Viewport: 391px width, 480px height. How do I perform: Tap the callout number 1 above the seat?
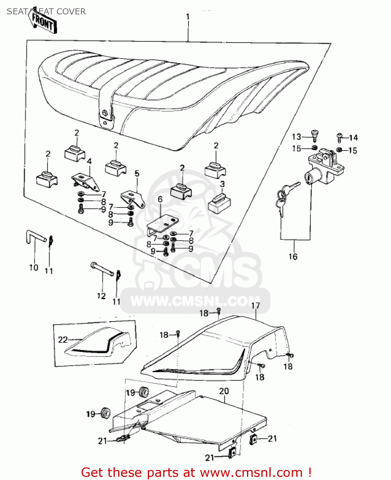[x=188, y=17]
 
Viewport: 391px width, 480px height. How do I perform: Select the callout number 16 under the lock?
[x=293, y=256]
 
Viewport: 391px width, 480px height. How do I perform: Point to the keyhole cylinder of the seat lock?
[x=309, y=177]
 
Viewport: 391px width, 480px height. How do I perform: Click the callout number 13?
[x=296, y=137]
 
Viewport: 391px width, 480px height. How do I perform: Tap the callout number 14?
[x=353, y=138]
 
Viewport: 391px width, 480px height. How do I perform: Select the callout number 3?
[x=222, y=184]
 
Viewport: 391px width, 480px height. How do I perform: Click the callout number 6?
[x=160, y=199]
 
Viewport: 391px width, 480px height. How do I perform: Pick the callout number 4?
[x=89, y=161]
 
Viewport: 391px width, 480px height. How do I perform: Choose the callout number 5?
[x=137, y=174]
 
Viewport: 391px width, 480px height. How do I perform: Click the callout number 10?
[x=34, y=268]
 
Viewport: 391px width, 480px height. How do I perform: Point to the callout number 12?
[x=101, y=296]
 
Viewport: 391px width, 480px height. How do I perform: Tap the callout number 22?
[x=63, y=339]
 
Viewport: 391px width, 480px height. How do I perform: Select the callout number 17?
[x=256, y=306]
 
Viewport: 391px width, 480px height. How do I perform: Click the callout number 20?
[x=224, y=391]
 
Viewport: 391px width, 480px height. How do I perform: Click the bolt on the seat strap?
[x=105, y=113]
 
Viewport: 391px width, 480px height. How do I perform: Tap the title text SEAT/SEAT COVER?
[x=46, y=12]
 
